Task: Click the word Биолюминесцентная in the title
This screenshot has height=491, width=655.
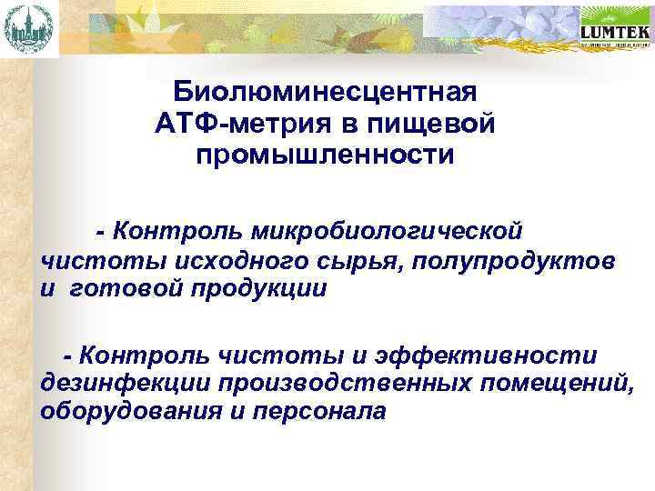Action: click(x=326, y=93)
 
